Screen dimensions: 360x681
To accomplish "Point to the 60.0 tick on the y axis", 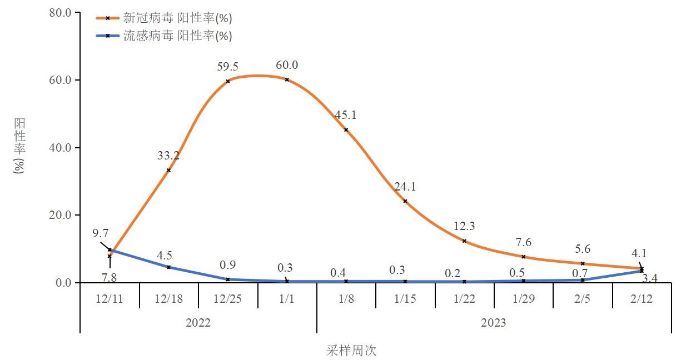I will pyautogui.click(x=61, y=80).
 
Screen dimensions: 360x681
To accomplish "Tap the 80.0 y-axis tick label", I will pyautogui.click(x=61, y=12).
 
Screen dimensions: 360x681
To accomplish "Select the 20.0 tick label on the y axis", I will pyautogui.click(x=61, y=215).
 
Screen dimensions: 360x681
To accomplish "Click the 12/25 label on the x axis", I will pyautogui.click(x=228, y=298).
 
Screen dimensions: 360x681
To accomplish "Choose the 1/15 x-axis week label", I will pyautogui.click(x=405, y=298).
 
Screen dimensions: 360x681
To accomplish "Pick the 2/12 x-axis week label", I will pyautogui.click(x=642, y=298).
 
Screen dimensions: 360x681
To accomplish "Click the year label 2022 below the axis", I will pyautogui.click(x=198, y=323).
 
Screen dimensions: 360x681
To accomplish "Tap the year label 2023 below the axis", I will pyautogui.click(x=494, y=323).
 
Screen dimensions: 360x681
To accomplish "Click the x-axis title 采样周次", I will pyautogui.click(x=351, y=351).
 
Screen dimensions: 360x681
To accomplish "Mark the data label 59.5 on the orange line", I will pyautogui.click(x=227, y=67).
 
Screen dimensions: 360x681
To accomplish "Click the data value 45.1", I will pyautogui.click(x=346, y=116).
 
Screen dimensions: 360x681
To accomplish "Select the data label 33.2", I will pyautogui.click(x=168, y=156).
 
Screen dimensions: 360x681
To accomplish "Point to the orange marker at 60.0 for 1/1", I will pyautogui.click(x=287, y=79).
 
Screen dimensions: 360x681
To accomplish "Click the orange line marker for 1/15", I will pyautogui.click(x=405, y=201).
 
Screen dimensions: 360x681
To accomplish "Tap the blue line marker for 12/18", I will pyautogui.click(x=168, y=267).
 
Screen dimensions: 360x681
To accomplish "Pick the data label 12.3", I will pyautogui.click(x=464, y=227).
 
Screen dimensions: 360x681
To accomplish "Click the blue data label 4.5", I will pyautogui.click(x=165, y=256).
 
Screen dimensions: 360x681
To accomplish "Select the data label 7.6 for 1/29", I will pyautogui.click(x=523, y=242).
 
